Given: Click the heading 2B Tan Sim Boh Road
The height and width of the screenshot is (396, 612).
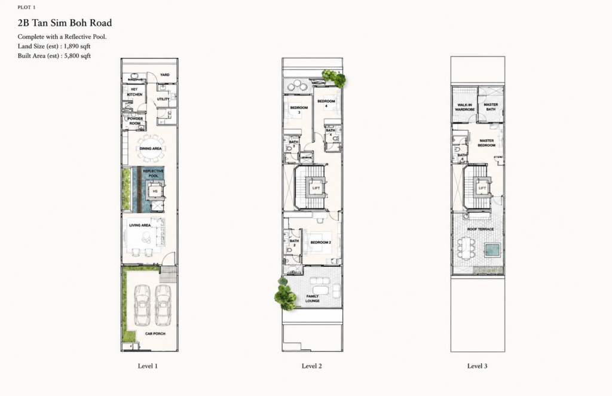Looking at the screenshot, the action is (65, 23).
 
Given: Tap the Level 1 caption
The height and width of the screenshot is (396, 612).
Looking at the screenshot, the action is (148, 366).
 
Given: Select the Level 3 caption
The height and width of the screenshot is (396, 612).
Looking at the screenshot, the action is (477, 366).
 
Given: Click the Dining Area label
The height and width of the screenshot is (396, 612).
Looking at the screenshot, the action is (151, 149).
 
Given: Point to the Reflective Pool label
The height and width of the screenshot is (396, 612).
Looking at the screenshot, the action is (154, 173).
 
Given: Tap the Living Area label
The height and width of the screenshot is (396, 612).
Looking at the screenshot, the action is (140, 225).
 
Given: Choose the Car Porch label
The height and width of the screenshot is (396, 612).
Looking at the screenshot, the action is (155, 333).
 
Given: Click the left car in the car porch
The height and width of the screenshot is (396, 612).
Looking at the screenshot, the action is (142, 305).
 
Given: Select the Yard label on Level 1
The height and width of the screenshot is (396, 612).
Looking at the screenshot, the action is (165, 75).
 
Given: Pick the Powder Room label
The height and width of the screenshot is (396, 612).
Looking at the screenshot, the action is (135, 121).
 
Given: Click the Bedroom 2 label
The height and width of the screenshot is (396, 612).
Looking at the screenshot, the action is (320, 242).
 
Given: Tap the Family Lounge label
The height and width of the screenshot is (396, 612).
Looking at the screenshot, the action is (313, 299).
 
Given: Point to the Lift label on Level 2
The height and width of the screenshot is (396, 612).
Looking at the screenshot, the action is (316, 188).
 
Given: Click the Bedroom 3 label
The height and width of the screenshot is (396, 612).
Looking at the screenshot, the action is (299, 110).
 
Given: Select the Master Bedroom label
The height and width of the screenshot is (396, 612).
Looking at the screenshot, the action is (486, 143).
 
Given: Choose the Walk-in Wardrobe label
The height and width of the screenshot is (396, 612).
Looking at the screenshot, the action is (465, 108).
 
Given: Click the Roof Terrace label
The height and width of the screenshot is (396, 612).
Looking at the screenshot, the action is (481, 229).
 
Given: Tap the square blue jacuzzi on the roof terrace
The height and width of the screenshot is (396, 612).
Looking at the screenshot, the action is (492, 250).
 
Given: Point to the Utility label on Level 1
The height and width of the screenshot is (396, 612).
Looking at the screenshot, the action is (163, 99).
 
